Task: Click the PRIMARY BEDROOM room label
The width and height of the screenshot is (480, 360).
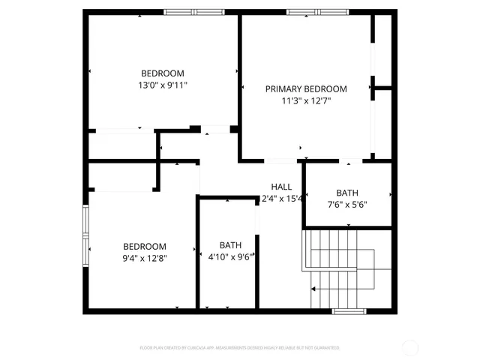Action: pos(306,88)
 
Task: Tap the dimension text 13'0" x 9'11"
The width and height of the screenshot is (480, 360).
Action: pos(163,85)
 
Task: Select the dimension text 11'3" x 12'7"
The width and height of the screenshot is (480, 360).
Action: pos(306,100)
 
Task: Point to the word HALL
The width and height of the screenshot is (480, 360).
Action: pos(281,187)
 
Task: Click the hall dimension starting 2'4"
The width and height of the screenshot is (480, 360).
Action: pos(281,199)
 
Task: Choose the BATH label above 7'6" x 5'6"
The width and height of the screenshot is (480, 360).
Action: pos(347,193)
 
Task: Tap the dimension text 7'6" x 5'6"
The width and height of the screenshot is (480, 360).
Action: pos(347,204)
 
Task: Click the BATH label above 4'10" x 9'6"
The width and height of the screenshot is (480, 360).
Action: pos(231,245)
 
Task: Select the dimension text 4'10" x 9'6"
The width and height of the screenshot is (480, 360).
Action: pos(229,256)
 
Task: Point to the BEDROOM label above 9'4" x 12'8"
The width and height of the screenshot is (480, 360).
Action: pos(145,247)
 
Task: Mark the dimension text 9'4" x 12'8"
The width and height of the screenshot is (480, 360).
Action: pos(145,258)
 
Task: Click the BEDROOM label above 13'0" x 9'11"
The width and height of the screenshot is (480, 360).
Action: pos(163,73)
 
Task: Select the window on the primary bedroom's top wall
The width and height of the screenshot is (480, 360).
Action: pos(317,12)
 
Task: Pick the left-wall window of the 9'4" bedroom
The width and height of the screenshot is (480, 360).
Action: pos(85,232)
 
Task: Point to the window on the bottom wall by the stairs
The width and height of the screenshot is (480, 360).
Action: pos(349,311)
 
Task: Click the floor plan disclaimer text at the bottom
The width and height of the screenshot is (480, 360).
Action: pos(240,348)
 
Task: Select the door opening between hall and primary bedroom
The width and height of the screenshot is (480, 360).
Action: pos(283,160)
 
